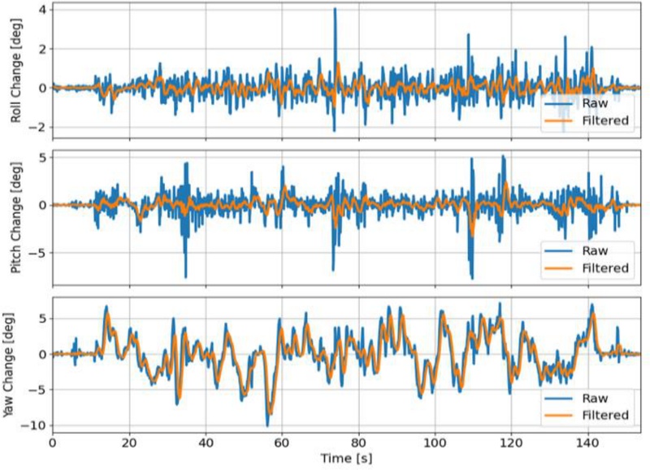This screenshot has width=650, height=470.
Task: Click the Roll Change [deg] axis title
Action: (15, 72)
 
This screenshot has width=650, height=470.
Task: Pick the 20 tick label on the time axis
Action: (128, 443)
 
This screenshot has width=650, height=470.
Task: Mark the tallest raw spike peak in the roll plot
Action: (335, 9)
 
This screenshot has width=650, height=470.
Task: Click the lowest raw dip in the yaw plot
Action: (267, 425)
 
